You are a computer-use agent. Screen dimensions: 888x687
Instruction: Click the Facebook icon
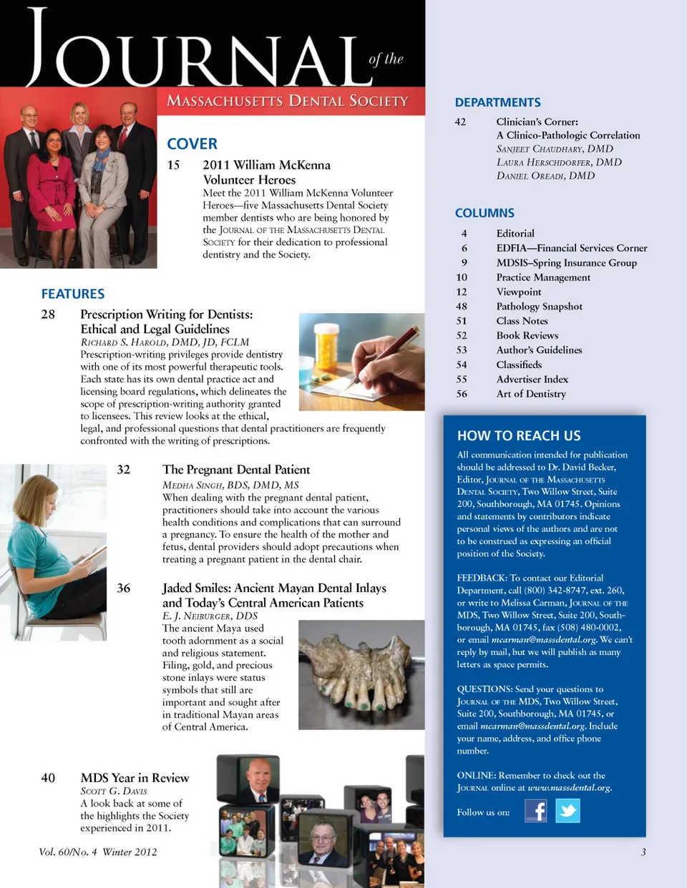coord(535,811)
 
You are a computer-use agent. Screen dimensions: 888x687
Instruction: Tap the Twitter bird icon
coord(567,811)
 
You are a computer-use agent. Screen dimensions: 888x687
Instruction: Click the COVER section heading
coord(192,144)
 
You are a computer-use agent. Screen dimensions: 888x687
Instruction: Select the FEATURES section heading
coord(73,294)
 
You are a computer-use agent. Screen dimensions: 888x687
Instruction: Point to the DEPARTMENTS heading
coord(497,102)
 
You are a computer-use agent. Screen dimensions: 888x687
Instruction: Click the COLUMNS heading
coord(484,213)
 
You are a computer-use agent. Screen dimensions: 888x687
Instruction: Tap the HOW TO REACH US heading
coord(519,435)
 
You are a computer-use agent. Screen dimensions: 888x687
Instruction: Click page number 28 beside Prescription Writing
coord(48,315)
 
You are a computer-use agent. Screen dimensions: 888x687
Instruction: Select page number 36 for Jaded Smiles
coord(124,588)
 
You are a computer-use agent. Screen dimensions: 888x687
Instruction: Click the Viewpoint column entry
coord(519,292)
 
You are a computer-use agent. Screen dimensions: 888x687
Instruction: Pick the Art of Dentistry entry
coord(531,394)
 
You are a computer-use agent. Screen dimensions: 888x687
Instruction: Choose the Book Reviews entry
coord(527,335)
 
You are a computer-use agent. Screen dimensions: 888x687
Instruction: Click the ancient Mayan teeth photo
coord(361,674)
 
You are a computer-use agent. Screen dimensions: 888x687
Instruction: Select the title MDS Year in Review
coord(135,778)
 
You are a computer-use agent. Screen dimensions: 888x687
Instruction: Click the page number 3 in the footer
coord(643,852)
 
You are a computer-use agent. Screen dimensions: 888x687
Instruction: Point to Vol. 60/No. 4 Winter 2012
coord(98,852)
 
